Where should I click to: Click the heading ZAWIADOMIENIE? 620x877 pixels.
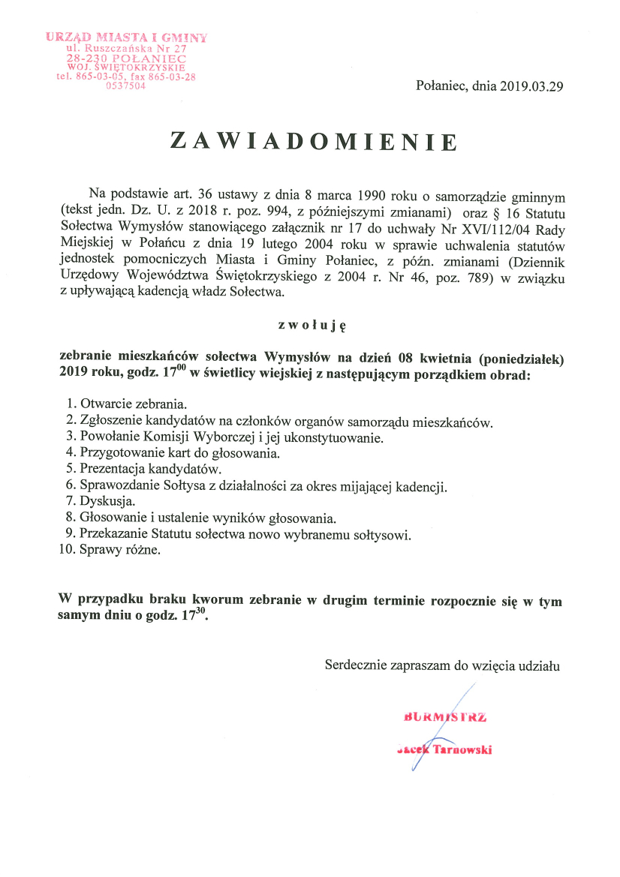pyautogui.click(x=314, y=142)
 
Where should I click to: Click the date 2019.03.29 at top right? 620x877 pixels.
pyautogui.click(x=526, y=86)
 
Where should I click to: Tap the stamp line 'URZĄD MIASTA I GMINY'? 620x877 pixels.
pyautogui.click(x=126, y=37)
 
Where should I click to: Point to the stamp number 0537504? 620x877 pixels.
pyautogui.click(x=125, y=86)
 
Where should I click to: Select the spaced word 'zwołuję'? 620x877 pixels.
pyautogui.click(x=311, y=325)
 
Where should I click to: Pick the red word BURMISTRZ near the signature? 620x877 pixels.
pyautogui.click(x=445, y=717)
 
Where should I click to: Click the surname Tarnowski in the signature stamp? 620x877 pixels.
pyautogui.click(x=463, y=749)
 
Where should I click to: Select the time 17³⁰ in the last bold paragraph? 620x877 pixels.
pyautogui.click(x=193, y=617)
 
